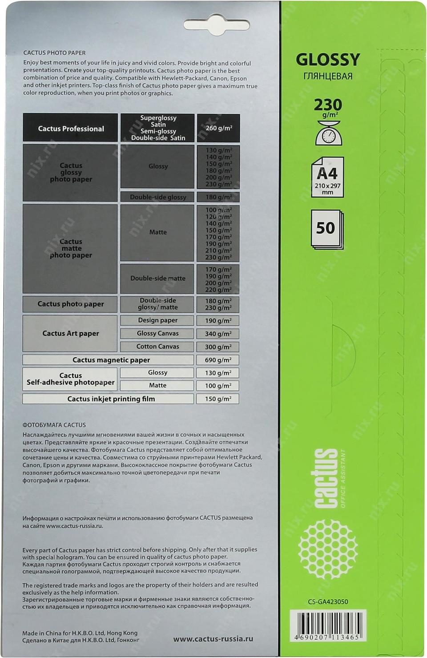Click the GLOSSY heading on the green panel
[x=328, y=60]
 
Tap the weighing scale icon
[x=327, y=133]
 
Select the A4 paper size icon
[x=327, y=177]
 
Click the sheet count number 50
[x=326, y=228]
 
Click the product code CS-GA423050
[x=328, y=602]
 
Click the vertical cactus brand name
[x=326, y=478]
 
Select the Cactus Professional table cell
[x=71, y=129]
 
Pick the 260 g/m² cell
[x=218, y=128]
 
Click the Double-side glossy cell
[x=158, y=197]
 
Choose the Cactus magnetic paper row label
[x=111, y=360]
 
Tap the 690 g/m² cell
[x=218, y=360]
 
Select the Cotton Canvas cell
[x=157, y=347]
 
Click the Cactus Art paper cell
[x=70, y=333]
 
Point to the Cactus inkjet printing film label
[x=111, y=399]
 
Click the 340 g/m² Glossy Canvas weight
[x=218, y=334]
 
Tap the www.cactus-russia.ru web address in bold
[x=213, y=639]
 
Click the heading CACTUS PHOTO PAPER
[x=54, y=52]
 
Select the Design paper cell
[x=157, y=320]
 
